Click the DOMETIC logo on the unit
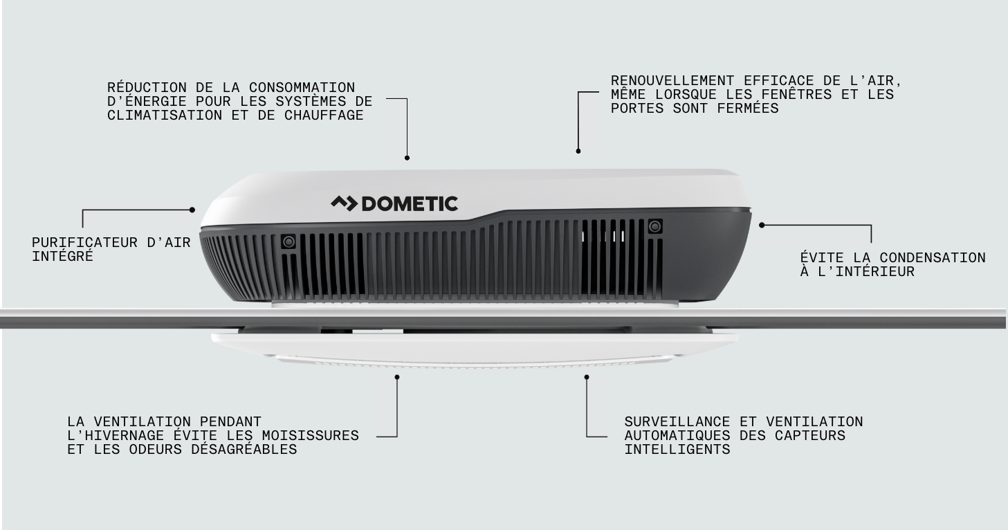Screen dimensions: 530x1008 (394, 203)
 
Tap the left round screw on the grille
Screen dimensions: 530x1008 (288, 241)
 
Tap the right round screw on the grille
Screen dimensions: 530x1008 (654, 226)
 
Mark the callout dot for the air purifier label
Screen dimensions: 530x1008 (193, 210)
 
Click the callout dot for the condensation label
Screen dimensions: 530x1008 (762, 225)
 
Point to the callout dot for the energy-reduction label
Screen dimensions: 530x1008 (407, 158)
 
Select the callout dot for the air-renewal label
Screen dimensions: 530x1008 (578, 151)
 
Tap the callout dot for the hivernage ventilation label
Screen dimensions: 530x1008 (397, 377)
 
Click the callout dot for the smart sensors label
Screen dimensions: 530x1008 (587, 377)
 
